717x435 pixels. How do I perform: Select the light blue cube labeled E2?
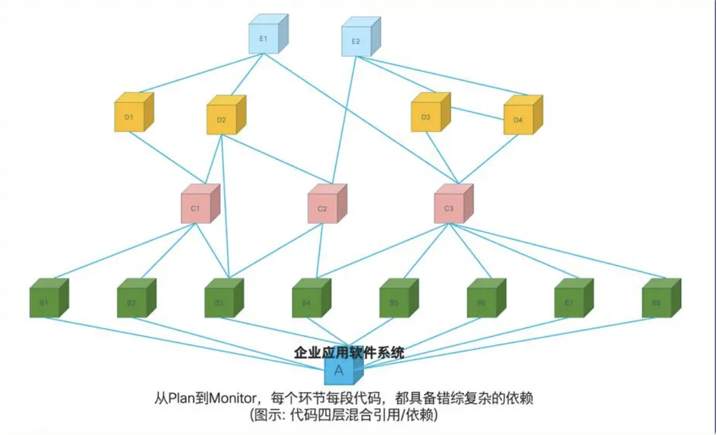coord(356,41)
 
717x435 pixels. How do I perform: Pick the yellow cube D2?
coord(222,119)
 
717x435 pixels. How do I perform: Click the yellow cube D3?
coord(426,116)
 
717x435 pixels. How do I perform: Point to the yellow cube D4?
coord(518,119)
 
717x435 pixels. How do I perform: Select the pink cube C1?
coord(196,208)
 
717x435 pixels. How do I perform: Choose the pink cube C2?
coord(322,208)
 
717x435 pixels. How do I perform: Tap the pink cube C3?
coord(449,208)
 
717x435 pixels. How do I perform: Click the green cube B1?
coord(44,302)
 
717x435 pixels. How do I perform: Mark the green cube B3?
coord(219,302)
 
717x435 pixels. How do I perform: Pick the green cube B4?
coord(307,302)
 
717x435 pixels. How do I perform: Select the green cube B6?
coord(482,302)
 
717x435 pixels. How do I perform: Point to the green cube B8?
coord(657,302)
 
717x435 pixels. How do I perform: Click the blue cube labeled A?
coord(339,371)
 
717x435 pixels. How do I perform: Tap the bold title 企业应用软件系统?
coord(349,353)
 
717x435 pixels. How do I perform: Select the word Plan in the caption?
coord(181,399)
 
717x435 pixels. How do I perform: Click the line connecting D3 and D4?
coord(477,113)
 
